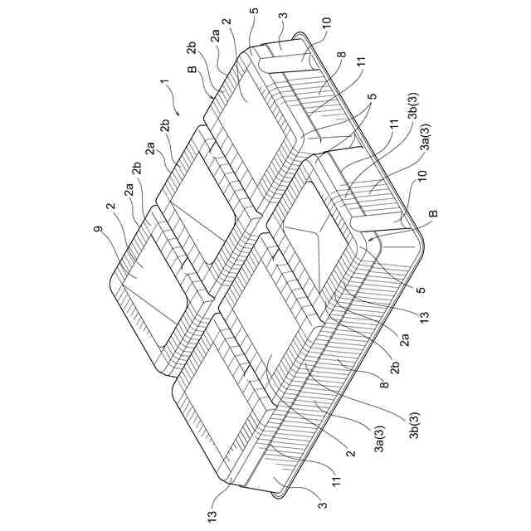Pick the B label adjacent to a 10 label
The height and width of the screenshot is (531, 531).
[433, 215]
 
